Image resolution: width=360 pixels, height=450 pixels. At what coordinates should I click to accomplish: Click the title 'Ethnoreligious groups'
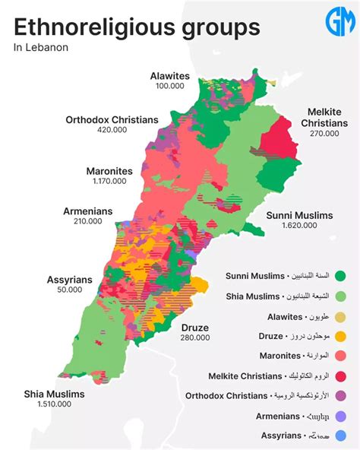[137, 27]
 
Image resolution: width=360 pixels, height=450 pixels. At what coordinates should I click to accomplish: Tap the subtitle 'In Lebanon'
[41, 48]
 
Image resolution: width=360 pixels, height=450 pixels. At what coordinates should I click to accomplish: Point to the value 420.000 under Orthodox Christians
[112, 130]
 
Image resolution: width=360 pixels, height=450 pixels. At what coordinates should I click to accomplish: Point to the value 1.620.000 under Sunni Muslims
[299, 226]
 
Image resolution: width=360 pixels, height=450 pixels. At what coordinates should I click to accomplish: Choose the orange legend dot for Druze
[340, 335]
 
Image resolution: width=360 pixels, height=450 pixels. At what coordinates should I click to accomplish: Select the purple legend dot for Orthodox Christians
[340, 395]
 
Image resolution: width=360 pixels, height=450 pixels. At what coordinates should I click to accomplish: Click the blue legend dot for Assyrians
[340, 436]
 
